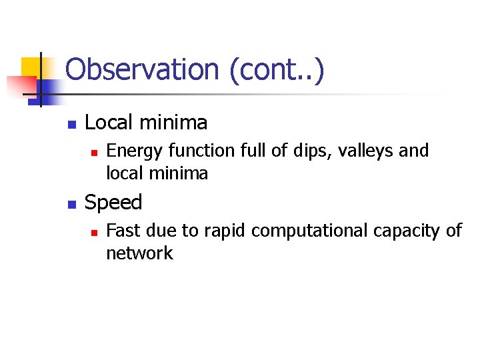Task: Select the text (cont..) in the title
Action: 276,70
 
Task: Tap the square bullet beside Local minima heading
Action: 72,125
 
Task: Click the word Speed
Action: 113,203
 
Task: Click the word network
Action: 139,253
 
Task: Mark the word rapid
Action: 225,231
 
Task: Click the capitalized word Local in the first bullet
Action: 107,123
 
